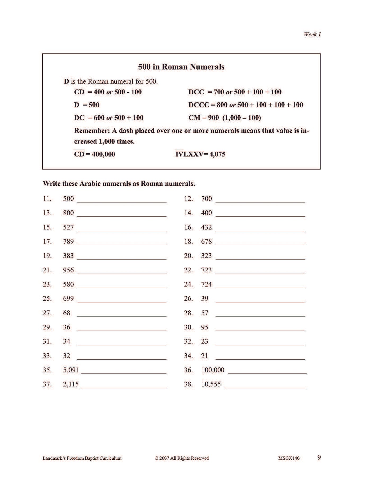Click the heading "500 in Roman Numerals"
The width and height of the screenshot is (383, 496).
(181, 67)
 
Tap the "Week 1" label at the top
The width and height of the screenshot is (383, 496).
(312, 34)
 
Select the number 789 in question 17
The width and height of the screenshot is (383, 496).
(68, 242)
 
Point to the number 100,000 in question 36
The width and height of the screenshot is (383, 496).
(213, 370)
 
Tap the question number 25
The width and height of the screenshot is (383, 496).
(47, 299)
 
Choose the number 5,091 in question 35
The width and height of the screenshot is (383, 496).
(71, 370)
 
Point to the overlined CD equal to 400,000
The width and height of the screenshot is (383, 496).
(79, 154)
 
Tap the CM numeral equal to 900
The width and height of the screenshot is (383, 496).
(194, 118)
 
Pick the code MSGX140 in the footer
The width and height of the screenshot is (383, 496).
(289, 458)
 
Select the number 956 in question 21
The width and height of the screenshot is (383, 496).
(68, 270)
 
